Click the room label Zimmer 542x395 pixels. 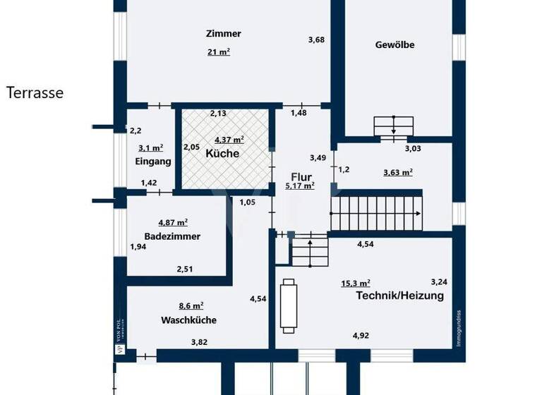[x=224, y=33]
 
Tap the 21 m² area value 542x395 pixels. [x=218, y=51]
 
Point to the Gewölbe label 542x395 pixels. [x=395, y=44]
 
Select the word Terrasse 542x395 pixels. [x=35, y=92]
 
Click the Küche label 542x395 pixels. [x=222, y=153]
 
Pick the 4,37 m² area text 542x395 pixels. [x=229, y=140]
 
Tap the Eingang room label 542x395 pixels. [x=153, y=162]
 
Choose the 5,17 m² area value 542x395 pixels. [x=299, y=186]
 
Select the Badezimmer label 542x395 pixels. [x=172, y=236]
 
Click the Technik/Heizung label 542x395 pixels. [x=399, y=296]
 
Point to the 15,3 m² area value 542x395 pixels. [x=356, y=283]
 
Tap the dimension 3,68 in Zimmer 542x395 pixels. [x=316, y=40]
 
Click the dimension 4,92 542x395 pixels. [x=361, y=336]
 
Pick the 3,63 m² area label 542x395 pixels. [x=397, y=171]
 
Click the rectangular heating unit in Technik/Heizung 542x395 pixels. [x=288, y=305]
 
